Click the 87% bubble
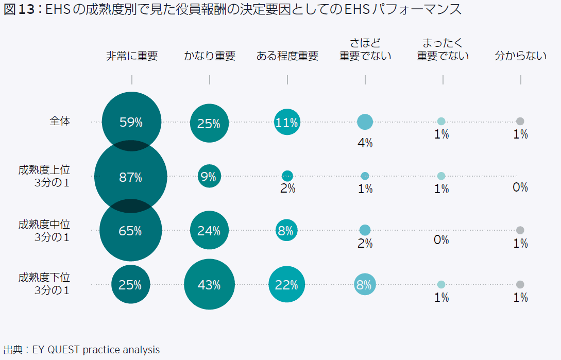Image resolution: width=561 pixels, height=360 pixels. [x=131, y=177]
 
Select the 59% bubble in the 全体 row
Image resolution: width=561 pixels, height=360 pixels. [x=131, y=122]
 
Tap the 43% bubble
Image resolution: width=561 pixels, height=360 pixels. [x=209, y=284]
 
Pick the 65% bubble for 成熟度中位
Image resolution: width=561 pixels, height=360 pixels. [x=131, y=230]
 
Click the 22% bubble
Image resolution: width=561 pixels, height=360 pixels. [x=287, y=284]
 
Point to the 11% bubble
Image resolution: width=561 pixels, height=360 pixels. [x=287, y=123]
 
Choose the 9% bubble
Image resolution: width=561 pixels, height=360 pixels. [x=209, y=176]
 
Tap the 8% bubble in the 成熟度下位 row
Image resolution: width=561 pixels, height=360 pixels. [x=365, y=284]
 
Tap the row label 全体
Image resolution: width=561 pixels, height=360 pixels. [x=60, y=122]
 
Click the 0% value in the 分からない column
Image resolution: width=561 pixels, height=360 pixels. [x=520, y=187]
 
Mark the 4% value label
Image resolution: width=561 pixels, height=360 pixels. [x=365, y=143]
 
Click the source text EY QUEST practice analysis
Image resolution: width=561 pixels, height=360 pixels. [x=96, y=350]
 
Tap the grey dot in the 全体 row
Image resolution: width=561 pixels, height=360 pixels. [x=520, y=122]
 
